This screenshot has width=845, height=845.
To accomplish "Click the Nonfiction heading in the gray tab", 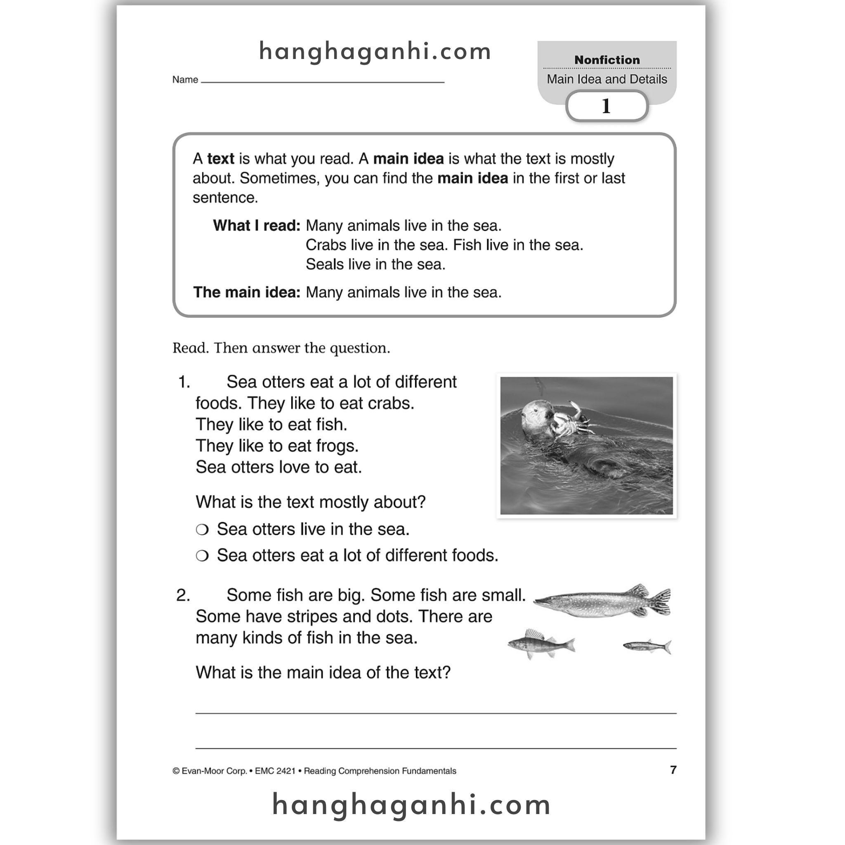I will (607, 60).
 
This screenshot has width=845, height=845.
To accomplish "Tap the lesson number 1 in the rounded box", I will (606, 106).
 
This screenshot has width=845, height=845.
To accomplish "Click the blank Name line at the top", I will (322, 81).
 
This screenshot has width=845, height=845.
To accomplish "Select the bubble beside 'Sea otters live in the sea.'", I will (202, 530).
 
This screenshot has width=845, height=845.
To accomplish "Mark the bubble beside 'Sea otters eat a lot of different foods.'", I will (202, 556).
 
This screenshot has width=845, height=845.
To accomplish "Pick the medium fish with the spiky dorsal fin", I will (541, 643).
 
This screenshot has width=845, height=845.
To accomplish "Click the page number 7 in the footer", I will (673, 770).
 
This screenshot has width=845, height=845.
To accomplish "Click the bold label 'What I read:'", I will (257, 226).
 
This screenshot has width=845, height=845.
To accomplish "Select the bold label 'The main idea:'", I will (247, 292).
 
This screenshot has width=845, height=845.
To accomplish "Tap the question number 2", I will (183, 595).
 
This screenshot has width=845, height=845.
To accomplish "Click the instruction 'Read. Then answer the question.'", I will (281, 348).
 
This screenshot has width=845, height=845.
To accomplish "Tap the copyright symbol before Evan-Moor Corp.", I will (176, 771).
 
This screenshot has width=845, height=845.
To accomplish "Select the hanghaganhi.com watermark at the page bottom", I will (411, 805).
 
